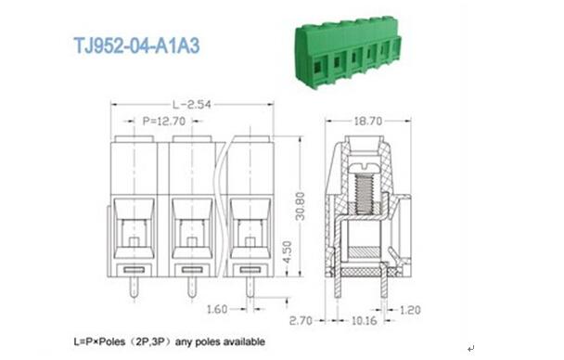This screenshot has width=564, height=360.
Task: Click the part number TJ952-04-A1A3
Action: click(x=136, y=46)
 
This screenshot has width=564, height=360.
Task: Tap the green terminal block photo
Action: click(x=348, y=51)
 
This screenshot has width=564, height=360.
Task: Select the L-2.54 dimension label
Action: click(x=192, y=105)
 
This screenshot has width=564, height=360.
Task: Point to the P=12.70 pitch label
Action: click(x=164, y=122)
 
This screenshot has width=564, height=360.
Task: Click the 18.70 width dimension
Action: click(x=368, y=122)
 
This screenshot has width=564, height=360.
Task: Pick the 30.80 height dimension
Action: click(x=300, y=206)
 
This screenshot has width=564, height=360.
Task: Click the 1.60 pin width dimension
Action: click(x=217, y=309)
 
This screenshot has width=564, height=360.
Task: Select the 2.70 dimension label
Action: click(x=301, y=320)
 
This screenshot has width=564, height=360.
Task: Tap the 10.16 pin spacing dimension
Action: click(x=364, y=320)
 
